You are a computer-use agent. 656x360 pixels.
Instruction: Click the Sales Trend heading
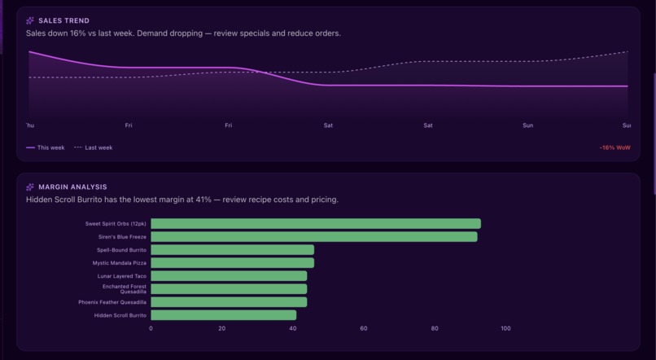[x=63, y=20]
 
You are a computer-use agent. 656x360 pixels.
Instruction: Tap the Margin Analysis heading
[x=72, y=187]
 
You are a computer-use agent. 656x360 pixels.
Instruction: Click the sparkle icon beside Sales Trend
[x=30, y=20]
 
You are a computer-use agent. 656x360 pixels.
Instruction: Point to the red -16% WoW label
[x=614, y=148]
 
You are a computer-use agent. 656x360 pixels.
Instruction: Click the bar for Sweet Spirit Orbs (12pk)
[x=315, y=224]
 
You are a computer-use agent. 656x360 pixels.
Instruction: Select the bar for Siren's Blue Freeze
[x=313, y=237]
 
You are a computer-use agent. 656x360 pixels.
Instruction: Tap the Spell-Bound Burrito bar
[x=232, y=250]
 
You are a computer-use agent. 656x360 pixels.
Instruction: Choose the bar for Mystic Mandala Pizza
[x=232, y=263]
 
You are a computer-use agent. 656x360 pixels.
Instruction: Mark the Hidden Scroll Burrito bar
[x=223, y=315]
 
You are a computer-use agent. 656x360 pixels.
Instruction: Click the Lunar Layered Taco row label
[x=121, y=276]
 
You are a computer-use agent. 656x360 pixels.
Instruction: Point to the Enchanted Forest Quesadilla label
[x=124, y=288]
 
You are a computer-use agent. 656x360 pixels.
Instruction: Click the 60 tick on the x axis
[x=364, y=329]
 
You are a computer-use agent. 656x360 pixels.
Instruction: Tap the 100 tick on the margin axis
[x=505, y=329]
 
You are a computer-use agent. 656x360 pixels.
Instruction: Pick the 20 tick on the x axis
[x=221, y=329]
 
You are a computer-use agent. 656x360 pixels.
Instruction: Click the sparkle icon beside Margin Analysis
[x=30, y=187]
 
